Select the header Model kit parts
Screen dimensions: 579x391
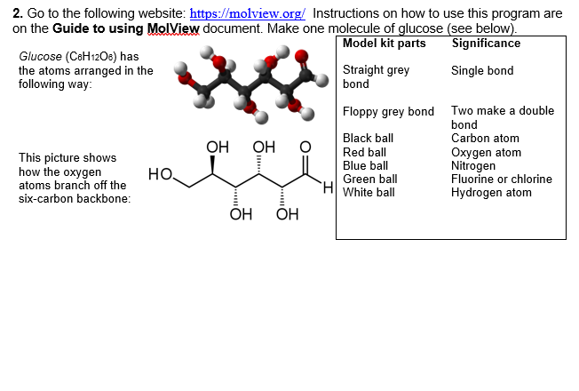(x=384, y=44)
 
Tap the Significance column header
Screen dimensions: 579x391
(x=486, y=44)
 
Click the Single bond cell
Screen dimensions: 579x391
(x=482, y=71)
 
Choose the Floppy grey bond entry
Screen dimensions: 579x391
(x=388, y=112)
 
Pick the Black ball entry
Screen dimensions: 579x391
(x=368, y=139)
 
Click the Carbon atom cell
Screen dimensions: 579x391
(x=485, y=139)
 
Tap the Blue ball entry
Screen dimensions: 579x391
(x=365, y=165)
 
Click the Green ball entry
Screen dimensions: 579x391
(x=369, y=179)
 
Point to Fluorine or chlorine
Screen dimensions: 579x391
(x=501, y=179)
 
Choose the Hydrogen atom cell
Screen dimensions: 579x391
(x=491, y=192)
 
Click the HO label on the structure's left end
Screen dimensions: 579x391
(x=159, y=173)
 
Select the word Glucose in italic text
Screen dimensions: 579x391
(x=39, y=57)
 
